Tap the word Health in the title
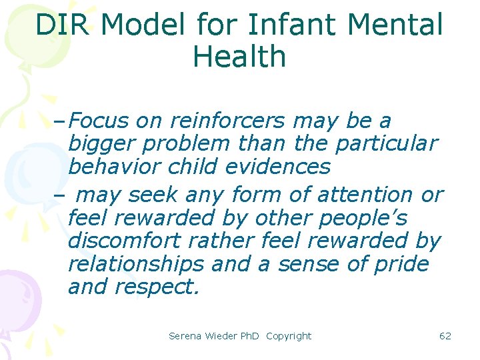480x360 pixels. pos(239,57)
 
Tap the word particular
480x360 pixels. pos(387,144)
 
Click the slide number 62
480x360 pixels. pos(445,336)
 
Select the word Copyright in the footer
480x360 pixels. pos(289,336)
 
